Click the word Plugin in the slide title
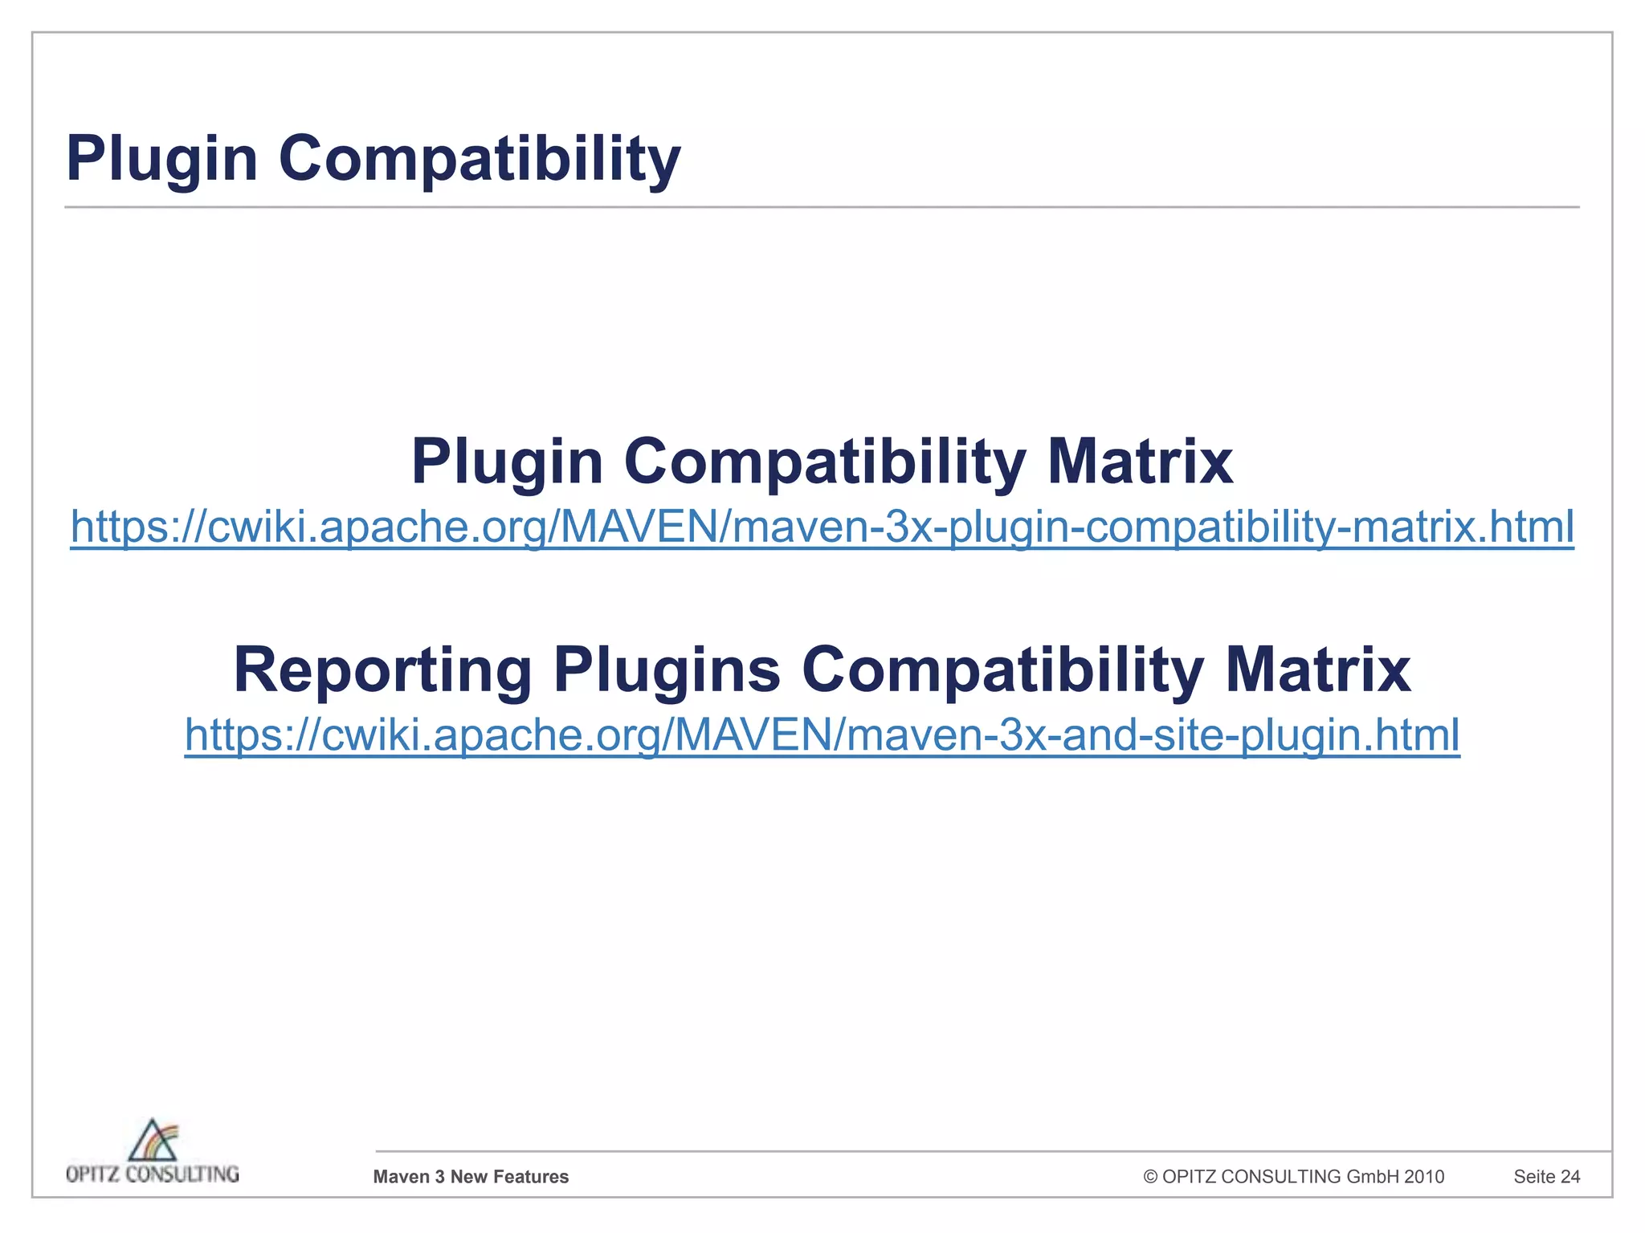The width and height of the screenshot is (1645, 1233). pos(161,158)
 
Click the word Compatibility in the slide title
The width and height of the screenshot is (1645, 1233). pos(480,158)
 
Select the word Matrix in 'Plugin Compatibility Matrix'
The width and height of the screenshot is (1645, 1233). pos(1140,462)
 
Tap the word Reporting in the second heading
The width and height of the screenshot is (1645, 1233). pos(382,670)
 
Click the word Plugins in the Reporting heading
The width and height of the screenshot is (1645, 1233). pos(667,670)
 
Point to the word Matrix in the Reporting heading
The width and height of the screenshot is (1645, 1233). pos(1318,670)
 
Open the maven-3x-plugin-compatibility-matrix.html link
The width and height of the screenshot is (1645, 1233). pos(822,527)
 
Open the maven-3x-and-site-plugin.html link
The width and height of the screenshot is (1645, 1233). pos(822,735)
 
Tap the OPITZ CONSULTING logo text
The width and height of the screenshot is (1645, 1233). pos(153,1174)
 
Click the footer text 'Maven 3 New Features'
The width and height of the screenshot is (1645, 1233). pos(471,1177)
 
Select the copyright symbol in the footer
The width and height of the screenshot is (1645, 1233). pos(1150,1177)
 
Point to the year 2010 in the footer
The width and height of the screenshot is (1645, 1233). pos(1424,1177)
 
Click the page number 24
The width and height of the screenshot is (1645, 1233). pos(1570,1177)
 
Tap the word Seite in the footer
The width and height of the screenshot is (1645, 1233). pos(1534,1177)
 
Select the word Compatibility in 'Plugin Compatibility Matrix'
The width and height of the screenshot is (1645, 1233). pos(825,462)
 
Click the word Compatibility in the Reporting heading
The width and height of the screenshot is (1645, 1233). pos(1002,670)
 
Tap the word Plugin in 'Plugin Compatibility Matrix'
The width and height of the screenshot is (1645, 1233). pos(507,462)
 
